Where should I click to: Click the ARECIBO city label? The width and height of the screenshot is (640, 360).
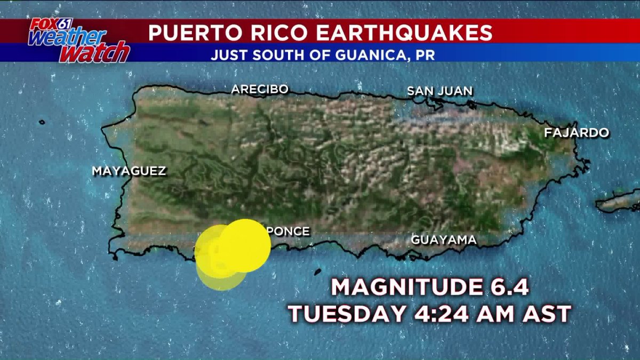(x=259, y=90)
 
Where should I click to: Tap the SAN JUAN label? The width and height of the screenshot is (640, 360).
(x=439, y=91)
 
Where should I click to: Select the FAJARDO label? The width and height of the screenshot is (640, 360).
(x=577, y=133)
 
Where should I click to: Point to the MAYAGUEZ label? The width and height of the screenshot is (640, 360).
(x=129, y=172)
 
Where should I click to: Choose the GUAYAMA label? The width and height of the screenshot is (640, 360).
(x=444, y=241)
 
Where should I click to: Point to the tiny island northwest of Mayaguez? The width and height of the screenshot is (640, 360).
(x=42, y=122)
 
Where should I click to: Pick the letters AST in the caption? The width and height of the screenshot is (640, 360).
(x=549, y=314)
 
